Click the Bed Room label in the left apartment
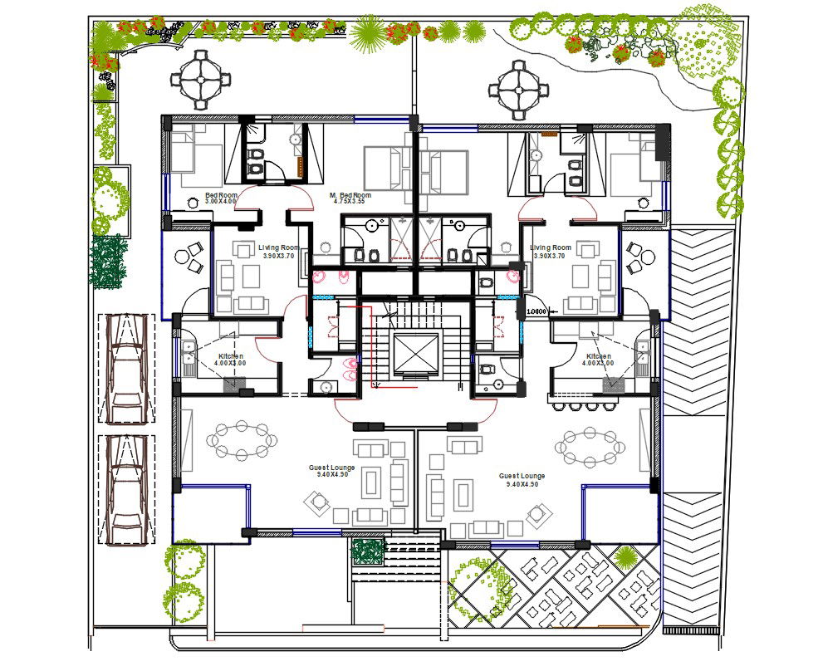(x=220, y=195)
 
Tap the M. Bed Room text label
(x=350, y=194)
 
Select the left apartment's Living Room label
(x=278, y=247)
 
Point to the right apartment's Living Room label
(x=551, y=247)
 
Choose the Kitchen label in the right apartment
(x=597, y=356)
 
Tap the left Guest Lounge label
(x=331, y=468)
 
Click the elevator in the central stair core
(x=414, y=352)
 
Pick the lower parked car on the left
(x=127, y=490)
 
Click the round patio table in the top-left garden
(x=200, y=79)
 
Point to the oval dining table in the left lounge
(x=242, y=440)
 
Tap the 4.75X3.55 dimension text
(x=350, y=201)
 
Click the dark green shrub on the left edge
(x=108, y=261)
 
